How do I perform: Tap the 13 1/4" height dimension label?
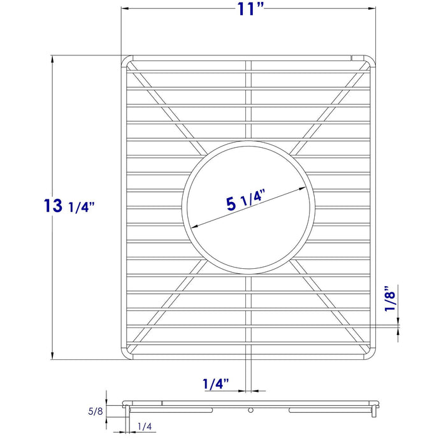[70, 206]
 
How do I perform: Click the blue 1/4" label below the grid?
[216, 384]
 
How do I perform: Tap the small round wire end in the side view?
[250, 409]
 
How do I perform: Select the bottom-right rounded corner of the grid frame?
[372, 354]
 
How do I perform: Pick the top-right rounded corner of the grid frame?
[372, 60]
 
